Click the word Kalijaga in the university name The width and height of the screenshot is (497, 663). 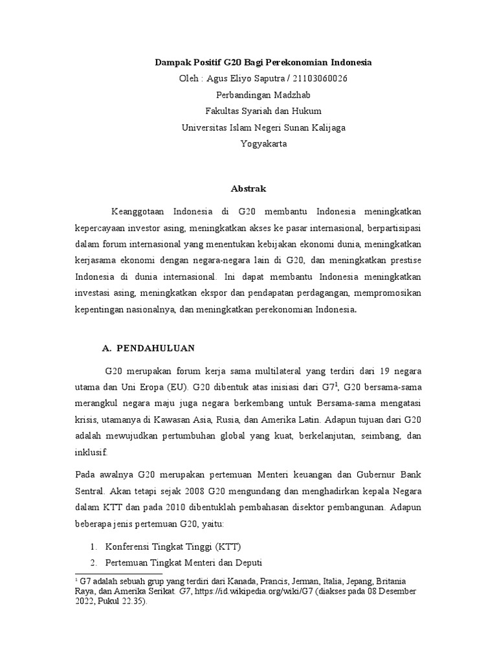(325, 128)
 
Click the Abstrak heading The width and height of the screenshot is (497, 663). (248, 189)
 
